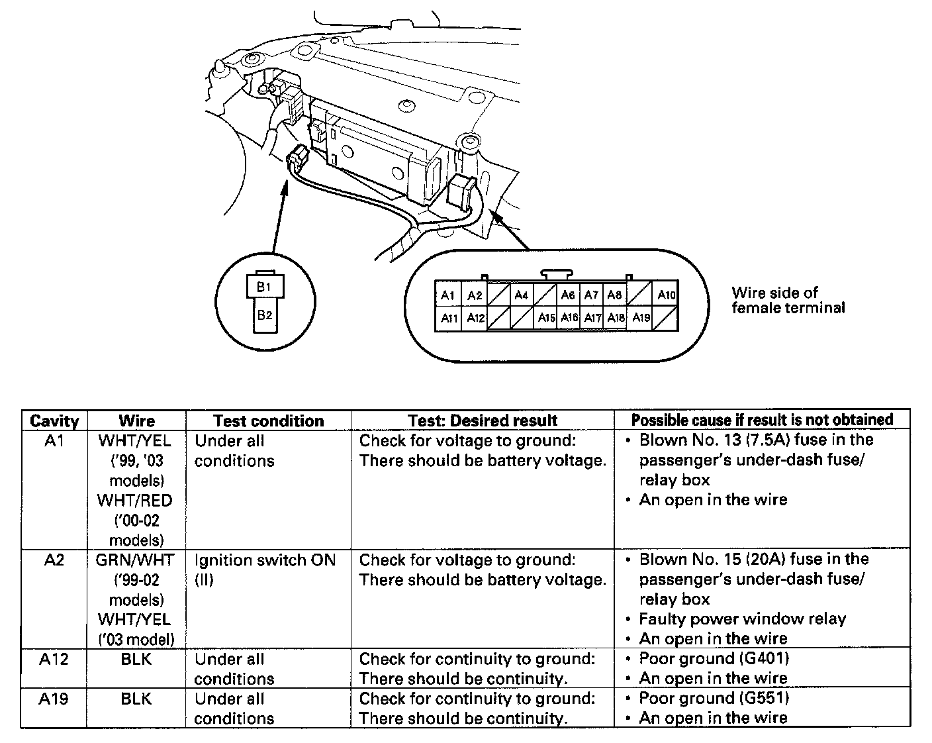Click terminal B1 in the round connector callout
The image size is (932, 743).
coord(264,287)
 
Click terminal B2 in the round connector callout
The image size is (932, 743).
coord(264,316)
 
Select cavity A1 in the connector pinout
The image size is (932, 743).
coord(448,295)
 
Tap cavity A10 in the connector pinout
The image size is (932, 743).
coord(666,295)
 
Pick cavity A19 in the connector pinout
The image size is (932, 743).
coord(641,318)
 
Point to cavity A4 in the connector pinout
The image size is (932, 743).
coord(522,295)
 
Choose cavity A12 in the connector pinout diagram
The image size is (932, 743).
coord(475,318)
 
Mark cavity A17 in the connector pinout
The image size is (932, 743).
coord(592,318)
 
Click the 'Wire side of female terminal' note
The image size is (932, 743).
coord(788,300)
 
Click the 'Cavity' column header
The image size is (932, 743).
coord(54,421)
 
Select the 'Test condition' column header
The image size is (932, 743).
coord(269,421)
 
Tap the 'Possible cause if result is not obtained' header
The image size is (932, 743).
coord(762,420)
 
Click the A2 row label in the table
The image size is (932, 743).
coord(54,560)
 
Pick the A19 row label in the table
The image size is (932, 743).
coord(54,699)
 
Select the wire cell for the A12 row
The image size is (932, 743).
coord(136,660)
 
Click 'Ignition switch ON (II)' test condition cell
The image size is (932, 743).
coord(265,570)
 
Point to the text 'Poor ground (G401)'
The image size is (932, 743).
coord(714,658)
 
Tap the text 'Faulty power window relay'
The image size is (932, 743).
coord(742,619)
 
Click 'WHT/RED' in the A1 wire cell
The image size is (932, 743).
coord(135,501)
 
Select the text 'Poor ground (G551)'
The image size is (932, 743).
coord(714,698)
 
